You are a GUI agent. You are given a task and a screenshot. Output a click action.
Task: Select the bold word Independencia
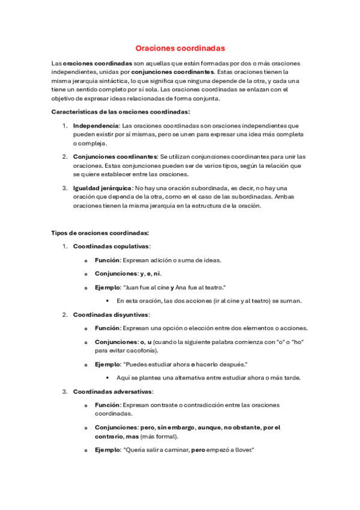pyautogui.click(x=96, y=126)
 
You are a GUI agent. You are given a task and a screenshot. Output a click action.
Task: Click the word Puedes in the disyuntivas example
pyautogui.click(x=136, y=364)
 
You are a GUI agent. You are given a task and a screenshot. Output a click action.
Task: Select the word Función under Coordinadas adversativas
pyautogui.click(x=107, y=405)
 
